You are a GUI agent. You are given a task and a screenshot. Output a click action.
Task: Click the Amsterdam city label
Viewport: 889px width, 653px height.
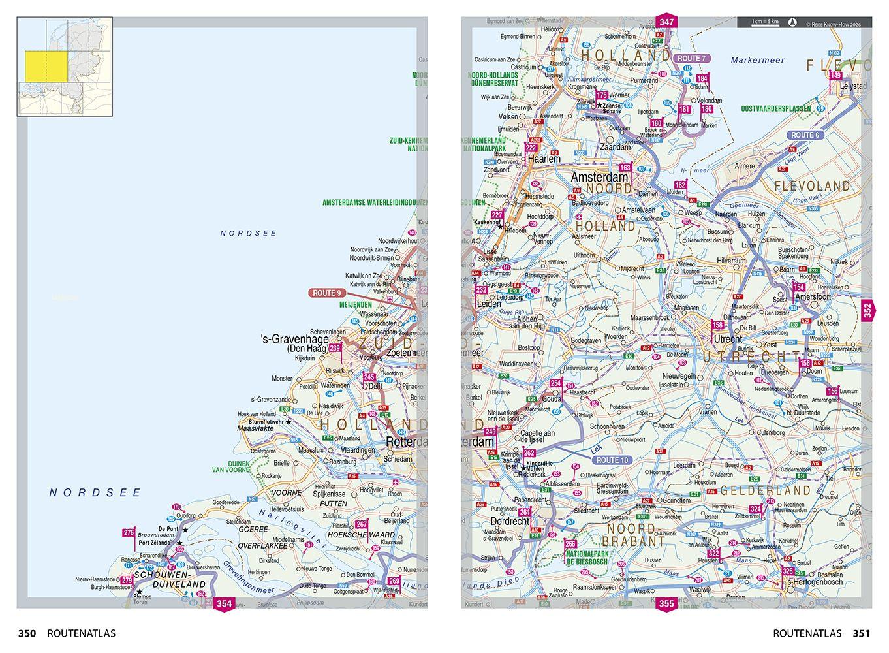point(599,177)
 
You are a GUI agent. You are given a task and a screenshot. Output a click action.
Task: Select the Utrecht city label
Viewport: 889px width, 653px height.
point(728,339)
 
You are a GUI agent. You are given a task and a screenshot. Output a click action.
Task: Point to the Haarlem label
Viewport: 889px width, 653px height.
point(544,159)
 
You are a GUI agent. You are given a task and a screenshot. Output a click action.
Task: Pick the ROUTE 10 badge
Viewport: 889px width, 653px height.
point(612,460)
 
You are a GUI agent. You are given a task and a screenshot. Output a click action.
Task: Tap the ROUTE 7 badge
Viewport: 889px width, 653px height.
point(692,59)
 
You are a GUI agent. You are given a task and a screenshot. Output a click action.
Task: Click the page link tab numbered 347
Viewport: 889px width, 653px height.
point(666,22)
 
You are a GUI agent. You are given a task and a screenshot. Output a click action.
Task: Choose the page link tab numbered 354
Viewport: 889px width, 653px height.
point(224,604)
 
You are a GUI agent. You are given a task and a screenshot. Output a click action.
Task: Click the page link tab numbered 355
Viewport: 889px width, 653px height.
point(666,604)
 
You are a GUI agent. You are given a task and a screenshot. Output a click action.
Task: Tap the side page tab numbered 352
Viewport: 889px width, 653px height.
point(867,310)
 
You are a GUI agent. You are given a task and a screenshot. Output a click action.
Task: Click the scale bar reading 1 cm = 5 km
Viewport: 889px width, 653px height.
point(765,22)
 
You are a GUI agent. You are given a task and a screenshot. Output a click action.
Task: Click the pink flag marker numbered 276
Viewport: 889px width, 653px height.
point(128,534)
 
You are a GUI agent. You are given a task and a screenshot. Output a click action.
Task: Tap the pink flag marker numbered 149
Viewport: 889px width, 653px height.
point(835,76)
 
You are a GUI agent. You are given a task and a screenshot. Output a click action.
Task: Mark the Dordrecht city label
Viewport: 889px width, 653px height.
point(509,522)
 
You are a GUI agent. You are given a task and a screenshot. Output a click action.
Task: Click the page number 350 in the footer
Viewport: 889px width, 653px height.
point(27,633)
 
